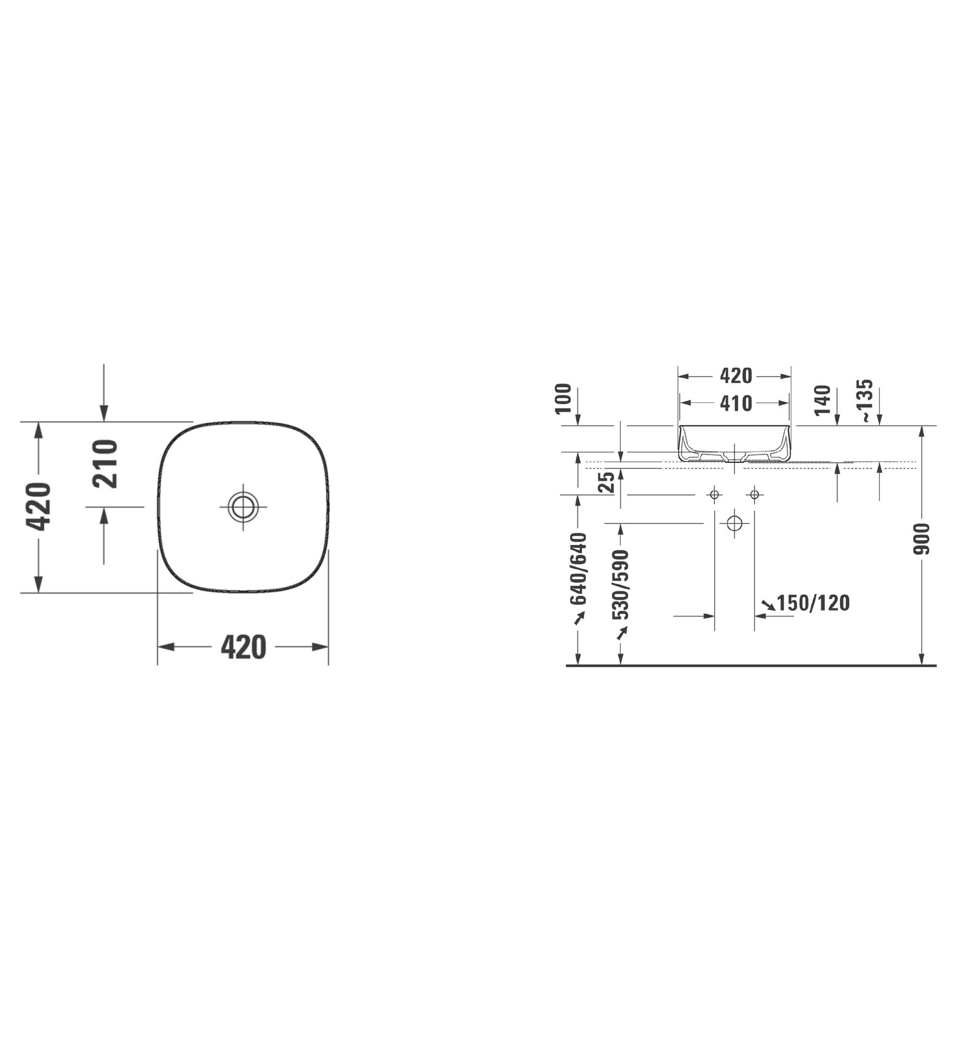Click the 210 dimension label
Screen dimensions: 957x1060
105,464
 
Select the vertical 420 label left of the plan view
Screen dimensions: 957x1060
39,506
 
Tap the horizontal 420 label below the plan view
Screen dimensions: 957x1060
244,647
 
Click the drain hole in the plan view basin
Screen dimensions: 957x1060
243,507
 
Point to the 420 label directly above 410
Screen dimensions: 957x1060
736,376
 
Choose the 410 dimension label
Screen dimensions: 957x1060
736,403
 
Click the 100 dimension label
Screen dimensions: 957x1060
563,399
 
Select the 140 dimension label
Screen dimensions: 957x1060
822,401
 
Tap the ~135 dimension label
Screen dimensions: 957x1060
864,401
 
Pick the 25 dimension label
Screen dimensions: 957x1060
607,482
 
